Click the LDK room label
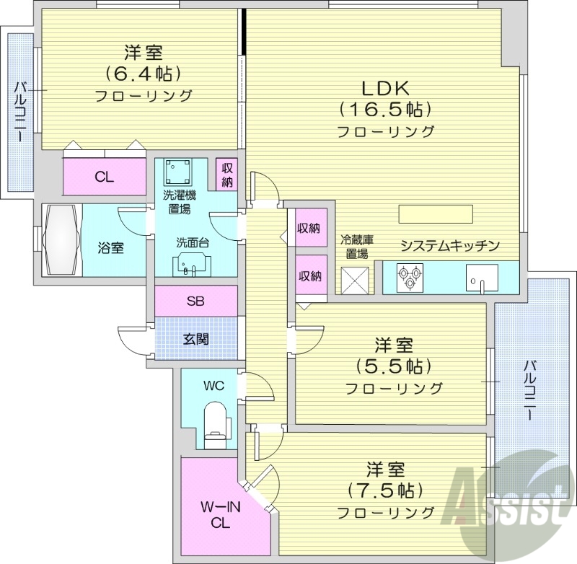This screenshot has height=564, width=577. pos(385,89)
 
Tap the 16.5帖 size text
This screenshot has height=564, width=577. pos(385,110)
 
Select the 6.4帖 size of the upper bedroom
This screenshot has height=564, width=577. pos(143,74)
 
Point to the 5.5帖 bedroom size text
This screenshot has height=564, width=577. pos(393,366)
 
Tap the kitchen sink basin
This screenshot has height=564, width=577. pos(479,278)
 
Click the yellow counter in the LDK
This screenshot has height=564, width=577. pos(435,215)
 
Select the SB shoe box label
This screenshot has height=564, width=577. pos(195,301)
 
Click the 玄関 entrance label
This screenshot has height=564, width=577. pos(195,338)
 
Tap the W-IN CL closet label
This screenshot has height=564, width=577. pos(216,515)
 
